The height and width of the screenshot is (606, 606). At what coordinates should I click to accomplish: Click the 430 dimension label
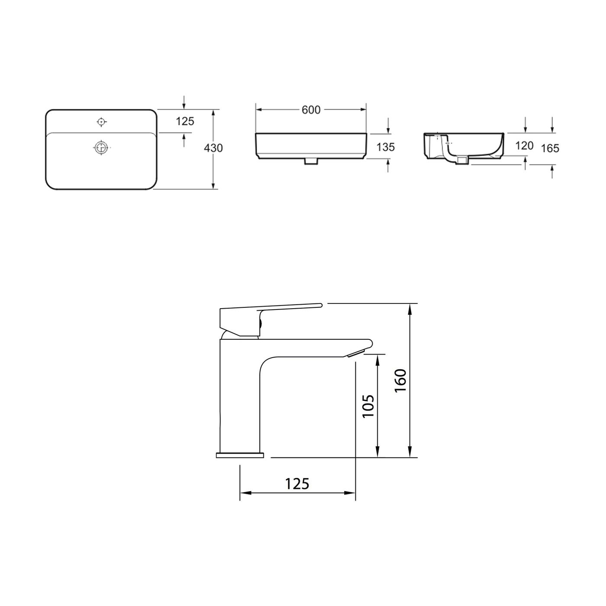click(213, 148)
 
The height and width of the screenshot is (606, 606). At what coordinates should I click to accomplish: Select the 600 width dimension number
click(311, 110)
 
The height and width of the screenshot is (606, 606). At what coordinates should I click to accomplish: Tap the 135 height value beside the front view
click(385, 147)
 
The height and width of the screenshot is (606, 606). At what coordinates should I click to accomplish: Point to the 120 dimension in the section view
click(524, 146)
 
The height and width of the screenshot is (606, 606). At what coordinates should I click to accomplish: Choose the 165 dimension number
click(550, 148)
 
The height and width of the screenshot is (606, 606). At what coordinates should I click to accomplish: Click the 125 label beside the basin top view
click(185, 122)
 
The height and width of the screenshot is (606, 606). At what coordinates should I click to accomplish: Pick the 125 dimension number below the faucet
click(297, 484)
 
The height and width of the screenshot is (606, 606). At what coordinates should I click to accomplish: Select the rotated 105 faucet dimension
click(368, 406)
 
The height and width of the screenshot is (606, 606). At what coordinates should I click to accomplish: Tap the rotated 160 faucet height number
click(400, 380)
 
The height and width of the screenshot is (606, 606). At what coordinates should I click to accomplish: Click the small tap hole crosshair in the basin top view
click(101, 122)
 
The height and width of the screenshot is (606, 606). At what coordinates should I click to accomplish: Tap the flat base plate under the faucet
click(240, 455)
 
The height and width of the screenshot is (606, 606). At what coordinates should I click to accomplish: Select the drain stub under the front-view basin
click(311, 161)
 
